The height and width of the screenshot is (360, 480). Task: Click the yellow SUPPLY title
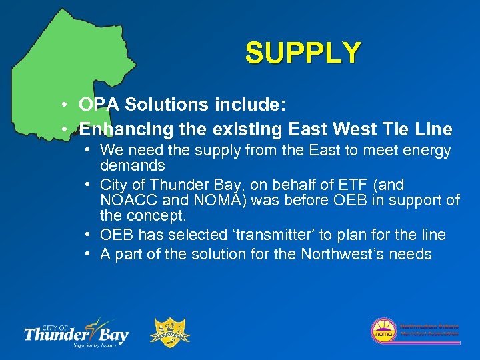(303, 53)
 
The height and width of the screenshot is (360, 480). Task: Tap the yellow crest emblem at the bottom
(172, 331)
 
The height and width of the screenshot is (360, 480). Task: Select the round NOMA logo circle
(383, 331)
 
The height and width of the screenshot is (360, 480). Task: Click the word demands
(133, 165)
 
